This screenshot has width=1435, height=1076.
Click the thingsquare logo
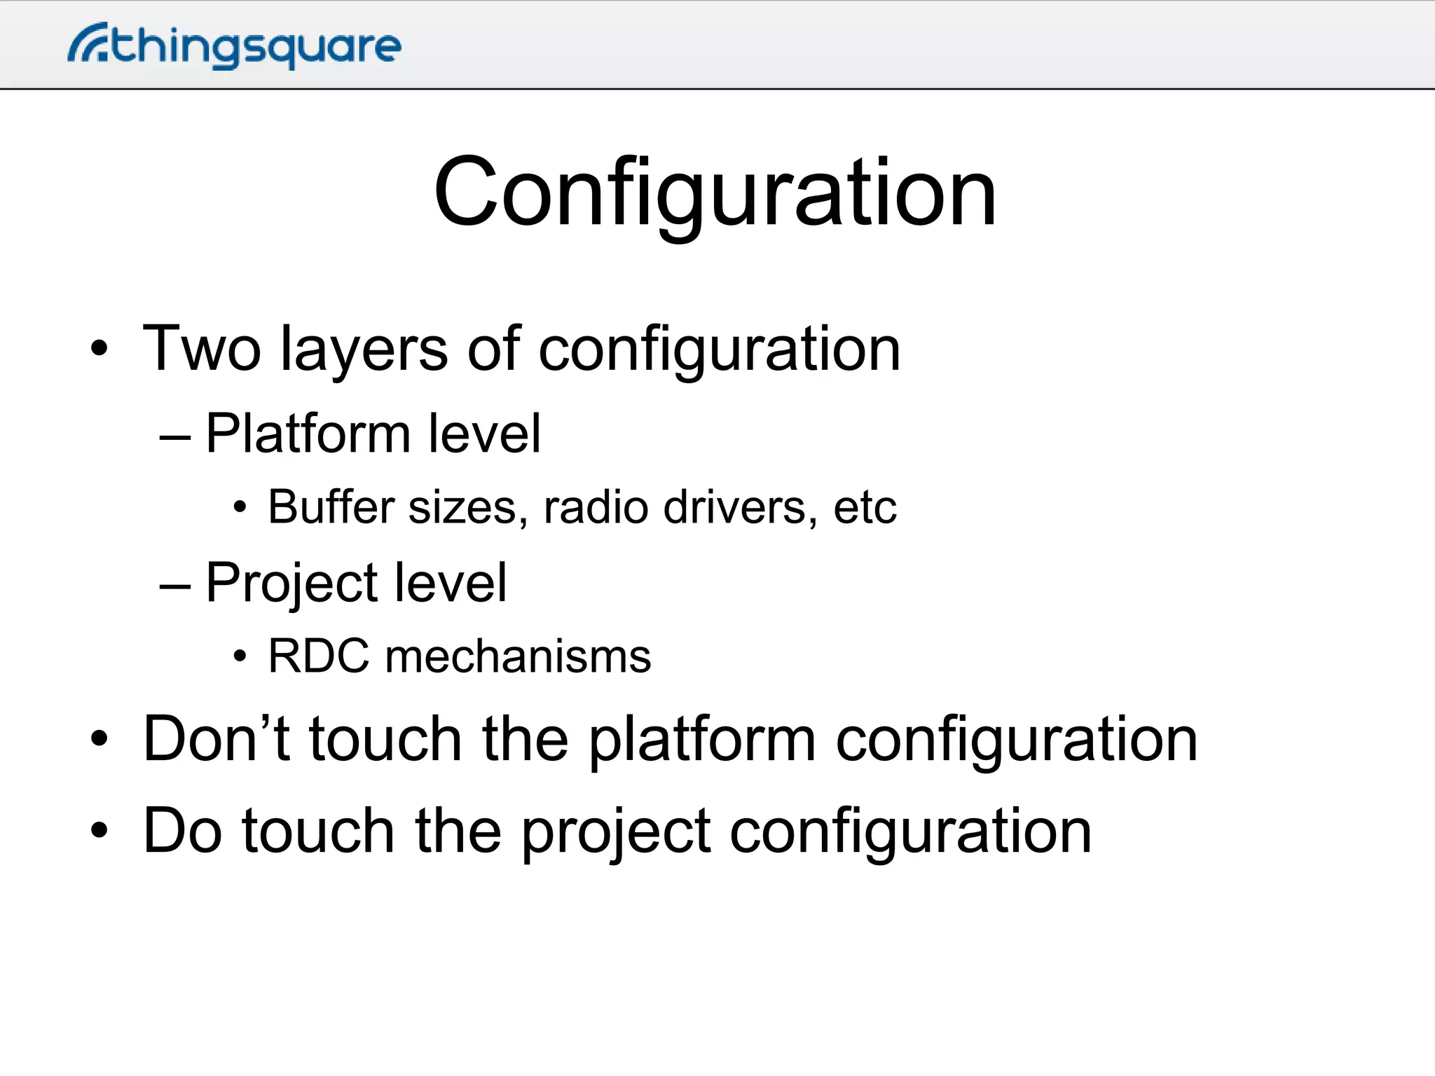(235, 46)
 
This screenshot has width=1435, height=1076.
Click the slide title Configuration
(715, 193)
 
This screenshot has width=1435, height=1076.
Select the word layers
(364, 350)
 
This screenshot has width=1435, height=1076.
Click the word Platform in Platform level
(307, 435)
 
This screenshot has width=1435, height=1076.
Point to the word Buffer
(331, 507)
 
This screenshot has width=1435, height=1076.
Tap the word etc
(865, 509)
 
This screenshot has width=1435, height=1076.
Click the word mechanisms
(518, 657)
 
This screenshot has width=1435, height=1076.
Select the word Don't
(216, 739)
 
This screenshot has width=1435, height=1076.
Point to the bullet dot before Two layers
(99, 348)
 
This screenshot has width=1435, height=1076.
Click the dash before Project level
(175, 585)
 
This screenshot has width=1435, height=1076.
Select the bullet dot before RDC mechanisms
(240, 657)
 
